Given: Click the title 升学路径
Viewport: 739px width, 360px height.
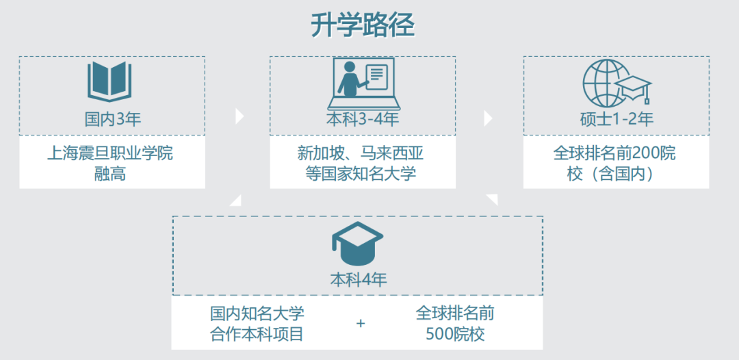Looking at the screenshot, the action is [363, 26].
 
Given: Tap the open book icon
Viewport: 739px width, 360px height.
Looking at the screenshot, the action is [109, 82].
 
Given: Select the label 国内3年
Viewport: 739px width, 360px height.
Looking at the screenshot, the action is [112, 120].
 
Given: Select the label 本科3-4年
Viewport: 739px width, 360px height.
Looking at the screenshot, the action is [362, 120].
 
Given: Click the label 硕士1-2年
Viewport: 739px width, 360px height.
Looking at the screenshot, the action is [617, 119].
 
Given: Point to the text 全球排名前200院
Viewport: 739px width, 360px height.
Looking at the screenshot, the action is [614, 153].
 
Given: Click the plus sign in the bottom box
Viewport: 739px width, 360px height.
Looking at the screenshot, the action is [361, 323].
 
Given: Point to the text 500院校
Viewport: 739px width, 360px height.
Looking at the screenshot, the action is [455, 335].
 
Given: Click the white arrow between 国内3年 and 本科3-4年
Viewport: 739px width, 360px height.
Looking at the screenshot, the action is [239, 116].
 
